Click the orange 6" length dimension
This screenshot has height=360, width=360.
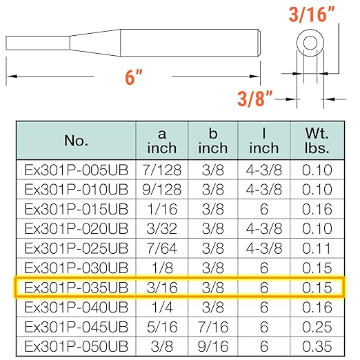coord(134,77)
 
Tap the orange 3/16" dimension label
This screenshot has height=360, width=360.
coord(311,14)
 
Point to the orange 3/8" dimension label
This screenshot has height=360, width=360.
coord(254,99)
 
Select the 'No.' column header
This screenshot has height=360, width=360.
coord(76,141)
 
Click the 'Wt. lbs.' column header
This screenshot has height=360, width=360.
coord(317,141)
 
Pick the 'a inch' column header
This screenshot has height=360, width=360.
coord(162,141)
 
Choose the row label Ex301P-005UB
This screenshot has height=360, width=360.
coord(76,170)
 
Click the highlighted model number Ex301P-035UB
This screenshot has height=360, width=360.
coord(76,288)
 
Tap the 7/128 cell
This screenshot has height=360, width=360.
coord(162,170)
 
